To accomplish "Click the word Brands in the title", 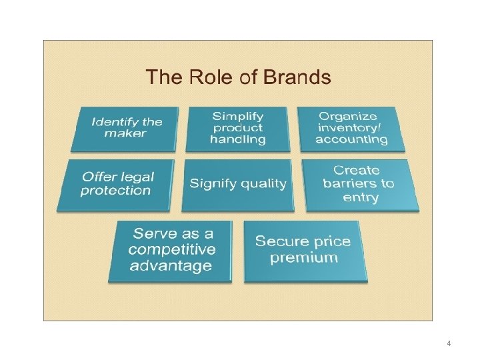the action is click(x=297, y=77).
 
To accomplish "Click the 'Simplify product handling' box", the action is click(x=237, y=128).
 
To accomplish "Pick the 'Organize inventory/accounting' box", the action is click(x=351, y=128).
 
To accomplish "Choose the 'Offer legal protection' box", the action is click(x=117, y=184).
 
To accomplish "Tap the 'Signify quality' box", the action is click(x=238, y=184).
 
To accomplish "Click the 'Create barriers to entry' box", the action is click(x=359, y=184).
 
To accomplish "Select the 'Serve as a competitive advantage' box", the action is click(x=172, y=250).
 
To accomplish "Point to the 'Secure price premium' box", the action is click(x=304, y=250).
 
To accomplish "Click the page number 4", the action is click(x=449, y=343).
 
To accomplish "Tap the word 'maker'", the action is click(x=125, y=133).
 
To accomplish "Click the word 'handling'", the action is click(x=237, y=139).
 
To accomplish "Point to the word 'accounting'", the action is click(x=351, y=139).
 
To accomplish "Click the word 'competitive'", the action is click(x=172, y=250).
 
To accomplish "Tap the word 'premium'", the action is click(x=304, y=258).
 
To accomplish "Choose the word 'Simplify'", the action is click(x=237, y=117).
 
